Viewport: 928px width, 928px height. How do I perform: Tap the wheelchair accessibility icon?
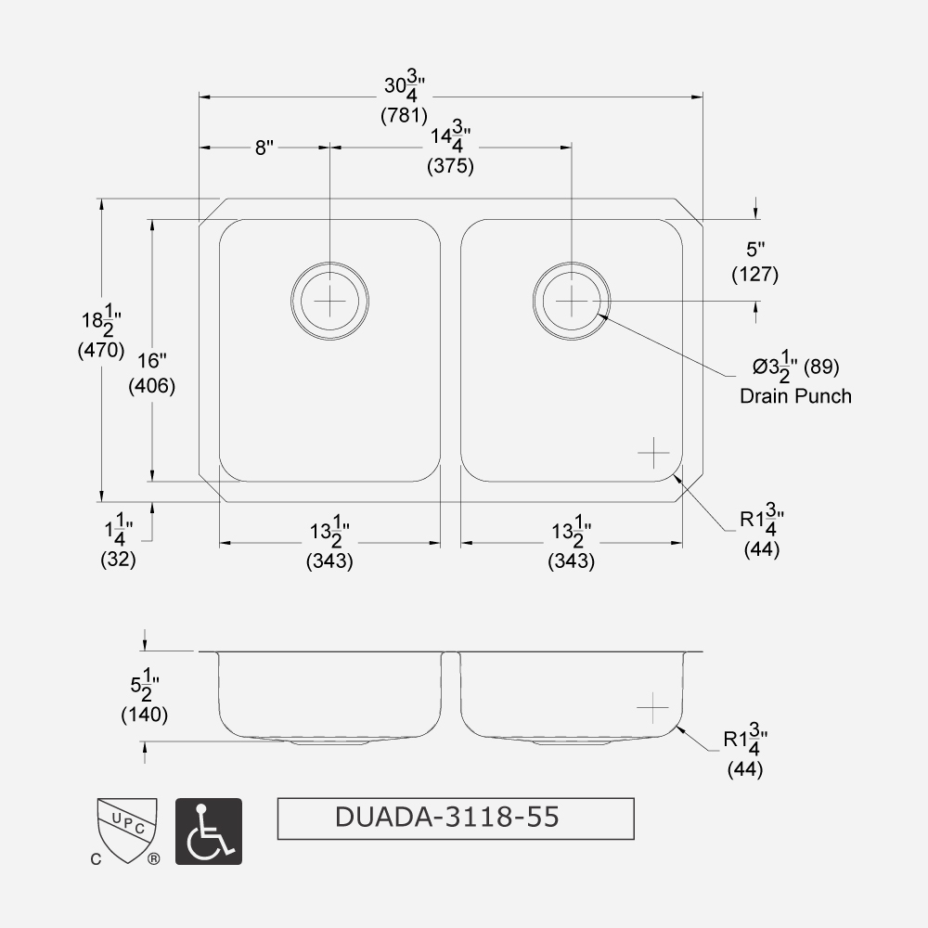[x=208, y=831]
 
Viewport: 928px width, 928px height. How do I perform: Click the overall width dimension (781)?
[x=404, y=116]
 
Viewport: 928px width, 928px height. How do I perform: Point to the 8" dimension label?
[x=264, y=148]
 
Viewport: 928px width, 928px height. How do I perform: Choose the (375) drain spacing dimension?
[x=450, y=167]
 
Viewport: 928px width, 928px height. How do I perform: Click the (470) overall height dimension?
[x=100, y=351]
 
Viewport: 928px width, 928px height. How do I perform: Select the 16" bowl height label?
[x=151, y=360]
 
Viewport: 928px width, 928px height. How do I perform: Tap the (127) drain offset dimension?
[x=754, y=275]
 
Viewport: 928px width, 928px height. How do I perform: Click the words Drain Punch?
[x=795, y=396]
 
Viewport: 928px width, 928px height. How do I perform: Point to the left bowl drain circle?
[x=329, y=301]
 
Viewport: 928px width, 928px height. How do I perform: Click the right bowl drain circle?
[x=572, y=301]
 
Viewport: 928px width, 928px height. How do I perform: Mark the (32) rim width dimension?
[x=118, y=559]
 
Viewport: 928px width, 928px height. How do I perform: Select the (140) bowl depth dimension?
[x=144, y=715]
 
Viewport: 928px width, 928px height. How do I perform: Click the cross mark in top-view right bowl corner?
[x=653, y=452]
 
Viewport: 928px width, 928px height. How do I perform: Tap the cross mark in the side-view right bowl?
[x=653, y=708]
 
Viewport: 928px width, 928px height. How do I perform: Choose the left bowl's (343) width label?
[x=329, y=561]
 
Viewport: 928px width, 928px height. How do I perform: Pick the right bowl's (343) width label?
[x=572, y=561]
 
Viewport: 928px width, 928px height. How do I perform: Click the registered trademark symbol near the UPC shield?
[x=154, y=859]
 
